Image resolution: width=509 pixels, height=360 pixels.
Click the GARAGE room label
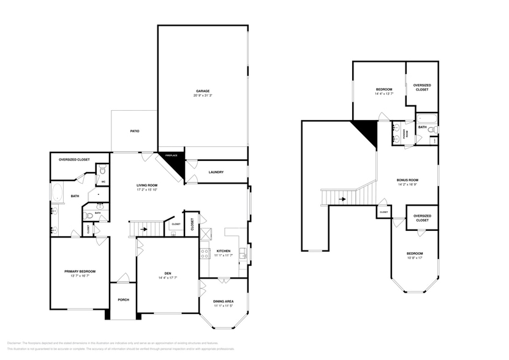(203, 91)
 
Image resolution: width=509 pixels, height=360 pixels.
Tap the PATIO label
(135, 131)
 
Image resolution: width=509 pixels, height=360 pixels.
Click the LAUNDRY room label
(216, 172)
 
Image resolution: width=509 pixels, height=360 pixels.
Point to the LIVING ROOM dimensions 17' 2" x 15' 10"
(147, 190)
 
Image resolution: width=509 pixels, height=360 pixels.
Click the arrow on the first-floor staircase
(145, 230)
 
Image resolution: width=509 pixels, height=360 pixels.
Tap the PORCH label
(123, 300)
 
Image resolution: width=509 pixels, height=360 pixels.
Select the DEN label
(167, 273)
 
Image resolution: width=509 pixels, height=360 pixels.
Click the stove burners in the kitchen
(203, 253)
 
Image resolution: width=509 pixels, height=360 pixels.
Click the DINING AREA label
(224, 301)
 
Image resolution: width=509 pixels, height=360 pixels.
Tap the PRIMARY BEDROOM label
(80, 271)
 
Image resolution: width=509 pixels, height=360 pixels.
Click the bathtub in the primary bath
(57, 194)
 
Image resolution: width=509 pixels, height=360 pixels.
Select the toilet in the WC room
(103, 171)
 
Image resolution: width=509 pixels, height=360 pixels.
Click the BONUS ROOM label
(407, 180)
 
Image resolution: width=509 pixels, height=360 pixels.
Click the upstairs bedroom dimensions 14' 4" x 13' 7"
(383, 94)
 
